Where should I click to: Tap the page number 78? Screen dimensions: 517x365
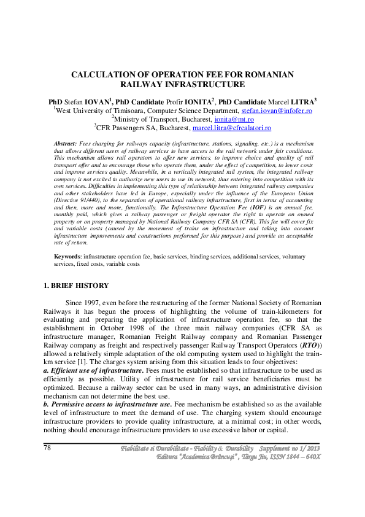click(x=47, y=448)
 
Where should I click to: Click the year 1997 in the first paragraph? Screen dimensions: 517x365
click(x=106, y=303)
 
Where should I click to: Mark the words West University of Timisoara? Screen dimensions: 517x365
click(x=101, y=111)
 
